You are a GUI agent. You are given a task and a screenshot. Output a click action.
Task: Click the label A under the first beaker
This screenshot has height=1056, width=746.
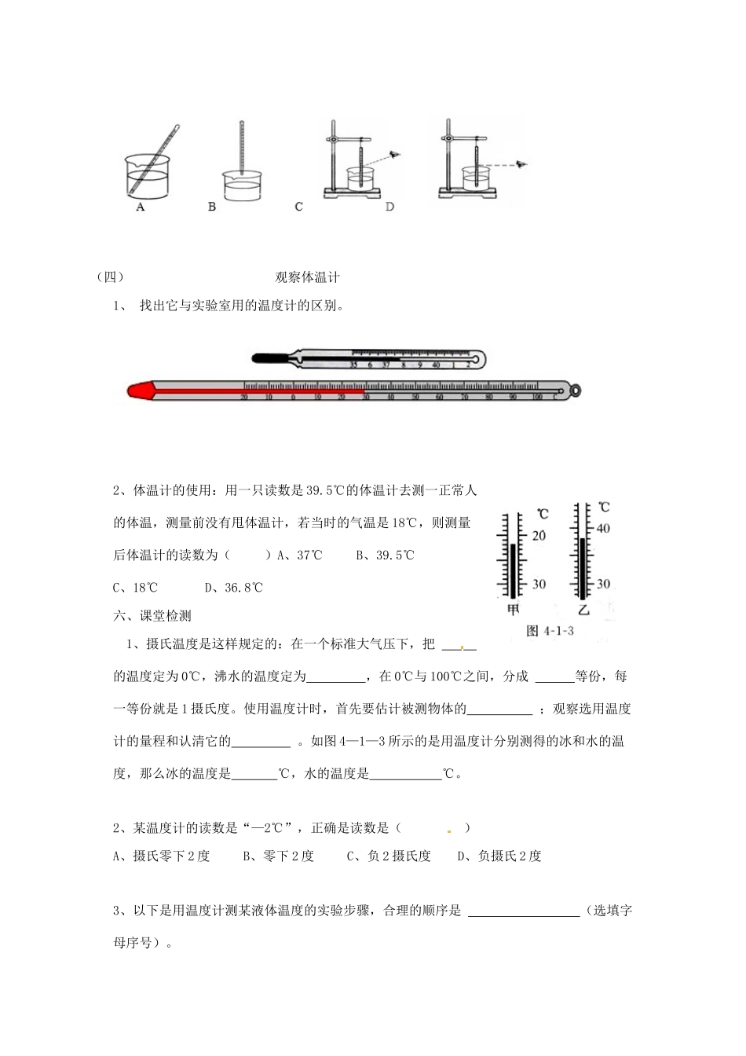(x=140, y=207)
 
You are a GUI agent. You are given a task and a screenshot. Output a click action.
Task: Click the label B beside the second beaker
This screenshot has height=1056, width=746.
(x=212, y=207)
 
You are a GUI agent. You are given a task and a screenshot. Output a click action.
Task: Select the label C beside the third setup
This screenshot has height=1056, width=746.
(x=298, y=207)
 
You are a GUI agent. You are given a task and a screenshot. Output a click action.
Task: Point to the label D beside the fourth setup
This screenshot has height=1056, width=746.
(x=389, y=207)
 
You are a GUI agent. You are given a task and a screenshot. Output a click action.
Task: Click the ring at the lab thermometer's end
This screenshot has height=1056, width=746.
(x=576, y=390)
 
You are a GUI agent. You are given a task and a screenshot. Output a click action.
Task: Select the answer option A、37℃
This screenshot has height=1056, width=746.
(x=300, y=555)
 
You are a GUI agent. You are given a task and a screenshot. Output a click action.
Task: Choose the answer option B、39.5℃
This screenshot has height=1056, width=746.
(x=385, y=555)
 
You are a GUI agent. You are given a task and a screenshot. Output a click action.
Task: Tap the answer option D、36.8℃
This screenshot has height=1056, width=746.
(x=233, y=587)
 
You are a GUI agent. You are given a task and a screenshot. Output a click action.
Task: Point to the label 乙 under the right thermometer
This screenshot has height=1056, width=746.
(x=583, y=609)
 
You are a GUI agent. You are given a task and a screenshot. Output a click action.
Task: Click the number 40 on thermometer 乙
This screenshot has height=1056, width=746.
(x=602, y=529)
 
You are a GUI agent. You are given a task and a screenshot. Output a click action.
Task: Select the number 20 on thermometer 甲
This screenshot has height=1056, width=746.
(x=539, y=535)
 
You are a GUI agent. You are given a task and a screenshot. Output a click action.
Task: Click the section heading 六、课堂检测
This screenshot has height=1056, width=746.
(x=152, y=616)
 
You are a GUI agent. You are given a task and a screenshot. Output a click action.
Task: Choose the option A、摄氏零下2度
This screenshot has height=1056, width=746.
(x=162, y=856)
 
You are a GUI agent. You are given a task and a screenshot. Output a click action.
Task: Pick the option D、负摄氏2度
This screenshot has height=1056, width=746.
(x=499, y=856)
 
